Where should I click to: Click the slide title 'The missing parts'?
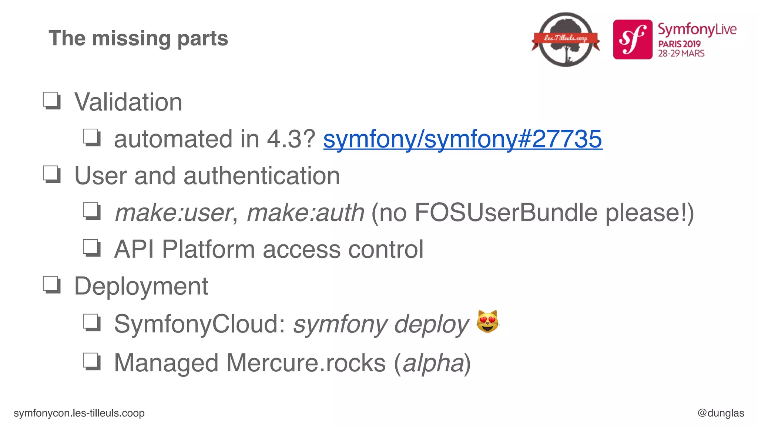(138, 38)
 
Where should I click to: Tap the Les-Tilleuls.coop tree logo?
(566, 39)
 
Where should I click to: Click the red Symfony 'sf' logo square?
(633, 40)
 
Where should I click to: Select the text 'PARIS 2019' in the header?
(679, 44)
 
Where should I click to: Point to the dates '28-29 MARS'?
(681, 54)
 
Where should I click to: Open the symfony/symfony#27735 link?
(463, 139)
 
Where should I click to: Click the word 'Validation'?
(128, 102)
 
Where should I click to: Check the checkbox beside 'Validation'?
(52, 101)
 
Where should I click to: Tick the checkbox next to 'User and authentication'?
(52, 174)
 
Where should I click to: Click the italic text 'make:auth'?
(305, 213)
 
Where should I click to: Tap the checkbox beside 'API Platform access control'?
(91, 248)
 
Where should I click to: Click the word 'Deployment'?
(141, 286)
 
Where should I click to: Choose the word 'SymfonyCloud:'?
(200, 324)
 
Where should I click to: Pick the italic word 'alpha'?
(433, 363)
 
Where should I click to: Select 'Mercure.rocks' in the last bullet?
(306, 363)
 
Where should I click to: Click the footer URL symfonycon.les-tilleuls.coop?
(79, 413)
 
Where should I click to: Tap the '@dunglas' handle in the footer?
(721, 413)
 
